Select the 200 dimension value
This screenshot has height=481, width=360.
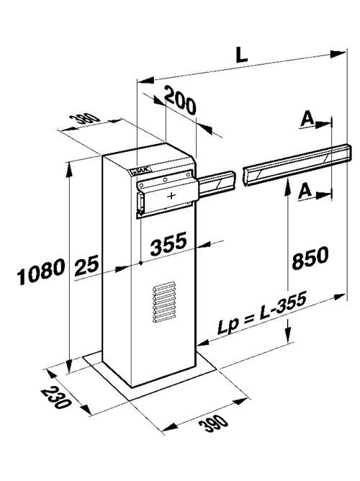pos(180,102)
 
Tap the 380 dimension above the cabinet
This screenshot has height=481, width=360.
pos(84,118)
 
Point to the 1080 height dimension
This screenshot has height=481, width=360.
pos(41,271)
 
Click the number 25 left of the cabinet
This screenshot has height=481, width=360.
pos(86,265)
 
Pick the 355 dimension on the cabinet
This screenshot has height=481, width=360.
pos(168,243)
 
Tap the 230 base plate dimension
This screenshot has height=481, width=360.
pos(56,397)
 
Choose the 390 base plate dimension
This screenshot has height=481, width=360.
pos(214,423)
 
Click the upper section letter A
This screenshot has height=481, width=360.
pos(307,120)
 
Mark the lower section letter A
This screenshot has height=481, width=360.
pos(305,190)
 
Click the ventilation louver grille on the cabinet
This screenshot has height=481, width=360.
pos(165,302)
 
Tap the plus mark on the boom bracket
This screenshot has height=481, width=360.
pos(171,195)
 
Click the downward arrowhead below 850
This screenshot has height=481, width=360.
pos(287,335)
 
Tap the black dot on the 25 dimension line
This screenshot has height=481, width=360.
pos(140,264)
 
